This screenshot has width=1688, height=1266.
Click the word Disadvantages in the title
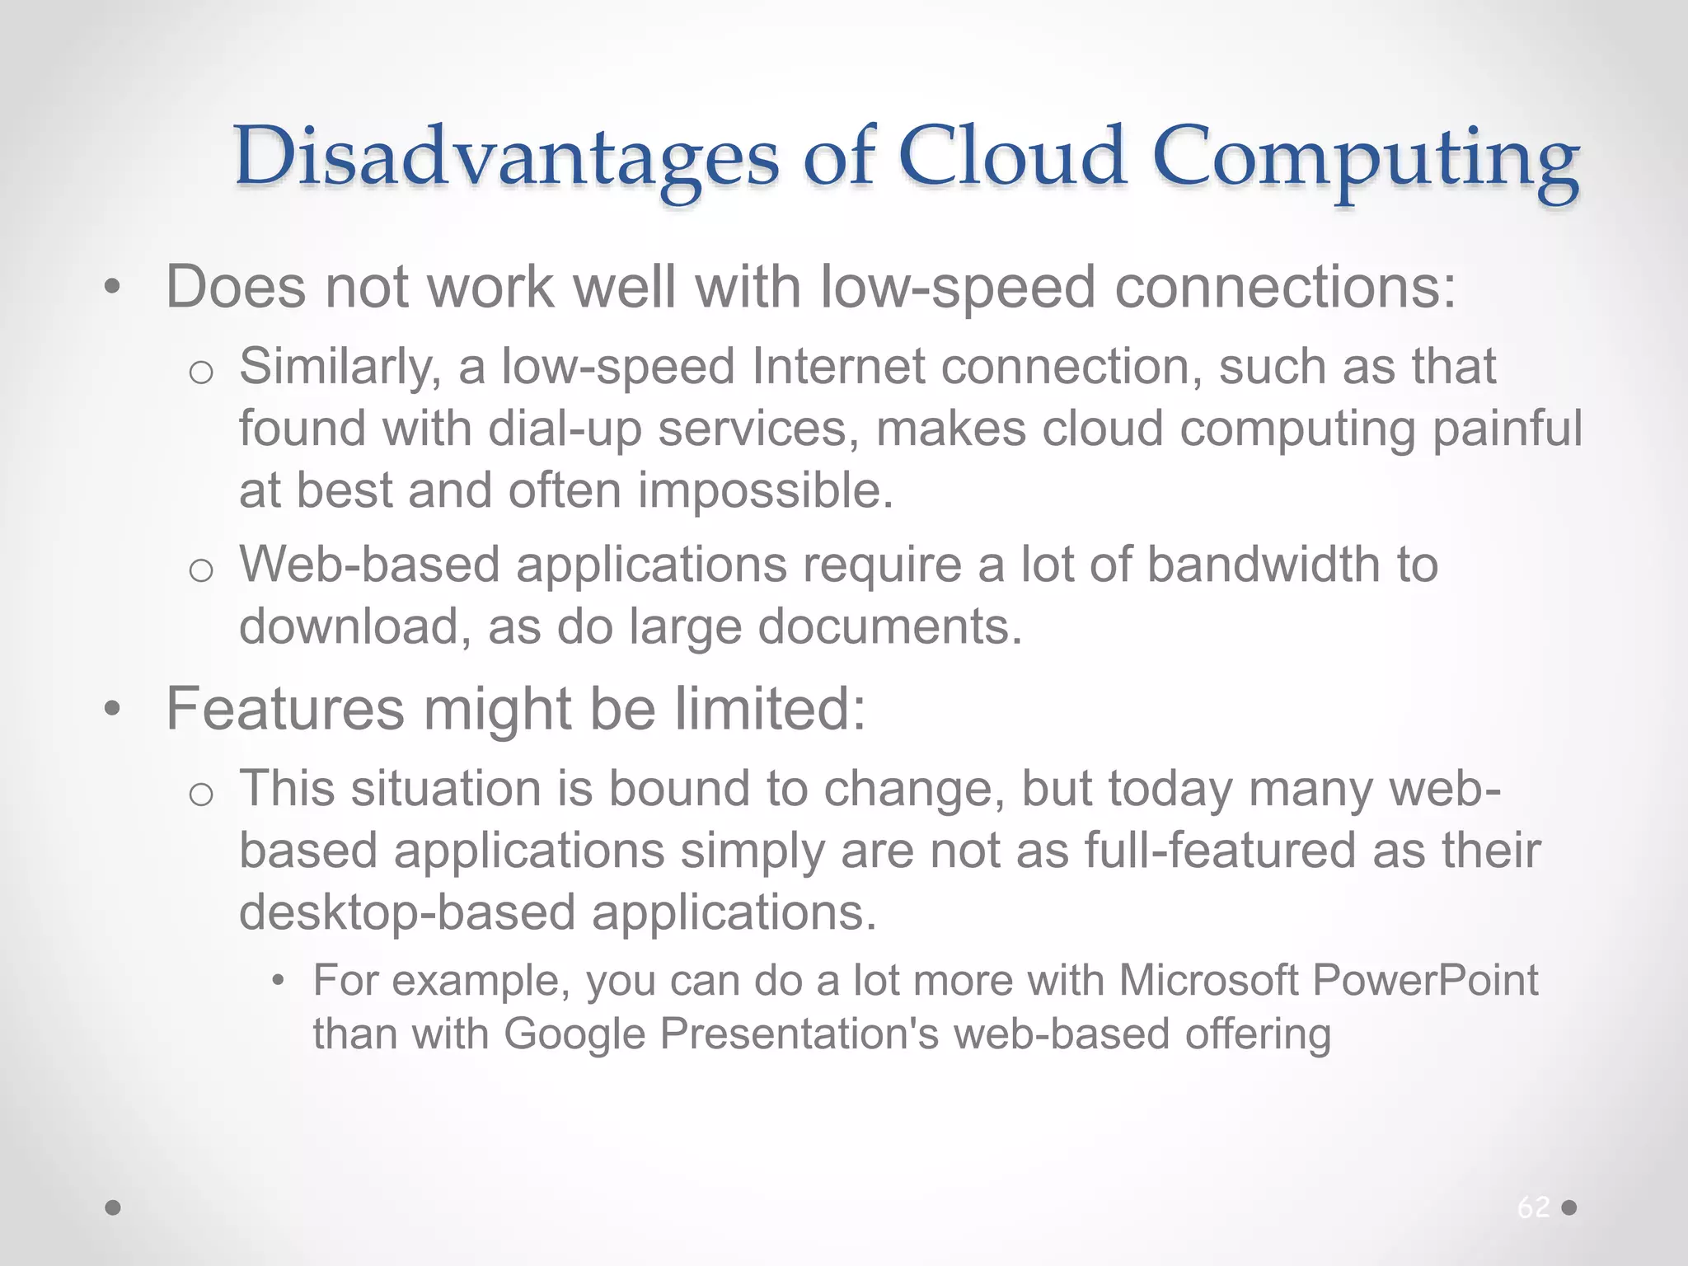tap(506, 157)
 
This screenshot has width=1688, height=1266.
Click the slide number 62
tap(1533, 1207)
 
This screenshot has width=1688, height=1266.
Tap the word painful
tap(1507, 429)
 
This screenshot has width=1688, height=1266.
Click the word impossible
tap(766, 491)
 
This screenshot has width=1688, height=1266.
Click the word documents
tap(889, 626)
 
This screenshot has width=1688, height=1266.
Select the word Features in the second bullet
tap(285, 709)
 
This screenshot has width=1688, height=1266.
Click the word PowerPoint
tap(1425, 981)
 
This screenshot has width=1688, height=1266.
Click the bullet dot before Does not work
tap(113, 288)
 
